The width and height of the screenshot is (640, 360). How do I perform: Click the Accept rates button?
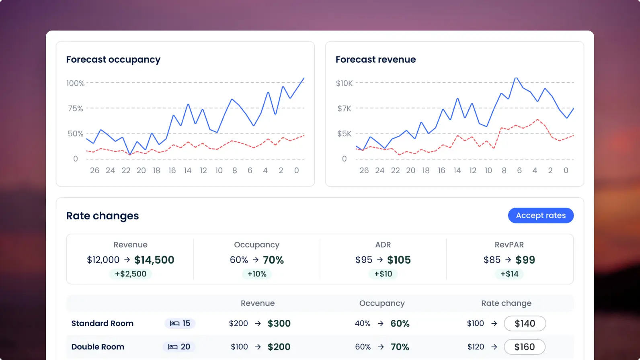pyautogui.click(x=541, y=215)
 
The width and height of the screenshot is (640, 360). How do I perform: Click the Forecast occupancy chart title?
pyautogui.click(x=113, y=59)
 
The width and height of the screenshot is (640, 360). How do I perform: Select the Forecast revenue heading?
pyautogui.click(x=375, y=59)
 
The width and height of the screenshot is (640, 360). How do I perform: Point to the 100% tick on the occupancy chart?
pyautogui.click(x=76, y=83)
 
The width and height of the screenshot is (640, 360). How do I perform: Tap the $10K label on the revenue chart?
pyautogui.click(x=344, y=83)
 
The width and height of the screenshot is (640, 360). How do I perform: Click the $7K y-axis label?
pyautogui.click(x=344, y=108)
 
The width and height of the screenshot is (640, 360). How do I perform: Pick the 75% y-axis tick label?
pyautogui.click(x=76, y=108)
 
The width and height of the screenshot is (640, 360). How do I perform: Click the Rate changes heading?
pyautogui.click(x=103, y=216)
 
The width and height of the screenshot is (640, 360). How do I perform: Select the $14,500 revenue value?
pyautogui.click(x=154, y=260)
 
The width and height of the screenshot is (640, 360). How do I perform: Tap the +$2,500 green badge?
pyautogui.click(x=131, y=274)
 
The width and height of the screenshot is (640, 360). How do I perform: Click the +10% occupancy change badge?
pyautogui.click(x=257, y=274)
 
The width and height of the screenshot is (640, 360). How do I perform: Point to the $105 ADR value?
pyautogui.click(x=399, y=260)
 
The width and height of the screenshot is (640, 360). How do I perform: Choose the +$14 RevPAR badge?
pyautogui.click(x=509, y=274)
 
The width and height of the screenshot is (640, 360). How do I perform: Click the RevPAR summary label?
pyautogui.click(x=509, y=245)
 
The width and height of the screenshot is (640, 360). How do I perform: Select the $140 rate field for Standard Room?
pyautogui.click(x=525, y=323)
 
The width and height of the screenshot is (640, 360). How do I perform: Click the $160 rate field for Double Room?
pyautogui.click(x=525, y=347)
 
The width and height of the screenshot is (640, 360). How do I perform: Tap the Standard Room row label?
pyautogui.click(x=103, y=323)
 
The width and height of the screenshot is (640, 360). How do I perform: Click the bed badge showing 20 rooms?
pyautogui.click(x=179, y=347)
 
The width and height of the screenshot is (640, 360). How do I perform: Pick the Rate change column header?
pyautogui.click(x=506, y=303)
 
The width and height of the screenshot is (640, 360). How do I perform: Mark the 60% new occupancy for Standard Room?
pyautogui.click(x=400, y=323)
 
